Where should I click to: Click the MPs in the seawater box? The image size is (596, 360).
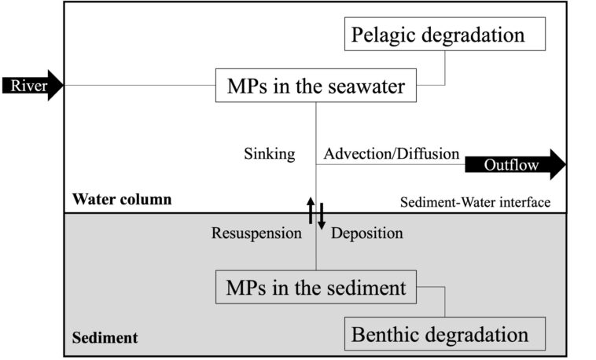pyautogui.click(x=315, y=85)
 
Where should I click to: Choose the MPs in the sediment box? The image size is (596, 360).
pyautogui.click(x=315, y=288)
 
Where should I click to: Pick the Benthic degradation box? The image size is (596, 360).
pyautogui.click(x=444, y=334)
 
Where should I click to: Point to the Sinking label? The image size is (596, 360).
pyautogui.click(x=269, y=154)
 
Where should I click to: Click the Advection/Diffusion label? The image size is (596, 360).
pyautogui.click(x=391, y=154)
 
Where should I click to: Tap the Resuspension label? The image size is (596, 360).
pyautogui.click(x=256, y=233)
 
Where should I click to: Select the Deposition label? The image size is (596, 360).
pyautogui.click(x=366, y=233)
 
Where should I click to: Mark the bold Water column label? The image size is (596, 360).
pyautogui.click(x=121, y=200)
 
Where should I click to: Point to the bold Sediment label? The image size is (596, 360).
pyautogui.click(x=105, y=338)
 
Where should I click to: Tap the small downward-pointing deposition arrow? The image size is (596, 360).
pyautogui.click(x=321, y=217)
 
